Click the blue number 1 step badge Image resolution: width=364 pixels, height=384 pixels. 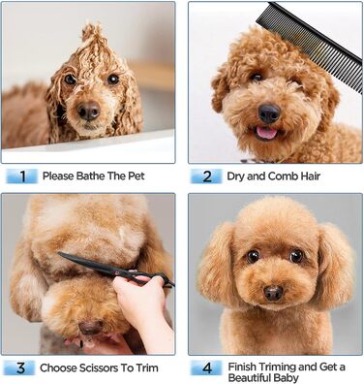click(22, 176)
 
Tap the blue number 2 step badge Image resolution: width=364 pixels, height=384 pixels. click(206, 176)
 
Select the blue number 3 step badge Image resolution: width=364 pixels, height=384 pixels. click(20, 368)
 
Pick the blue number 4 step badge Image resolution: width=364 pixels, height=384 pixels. click(206, 368)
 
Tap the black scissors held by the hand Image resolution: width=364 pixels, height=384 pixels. click(116, 270)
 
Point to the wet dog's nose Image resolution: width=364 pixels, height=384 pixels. click(89, 111)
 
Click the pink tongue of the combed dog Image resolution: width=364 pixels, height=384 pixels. click(266, 133)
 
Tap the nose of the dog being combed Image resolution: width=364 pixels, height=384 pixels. click(269, 112)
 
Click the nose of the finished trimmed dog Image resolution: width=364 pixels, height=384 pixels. click(273, 293)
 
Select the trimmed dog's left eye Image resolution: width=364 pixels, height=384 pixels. click(254, 256)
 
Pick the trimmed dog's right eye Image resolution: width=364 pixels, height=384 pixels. click(296, 256)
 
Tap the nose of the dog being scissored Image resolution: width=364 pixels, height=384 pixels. click(91, 327)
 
